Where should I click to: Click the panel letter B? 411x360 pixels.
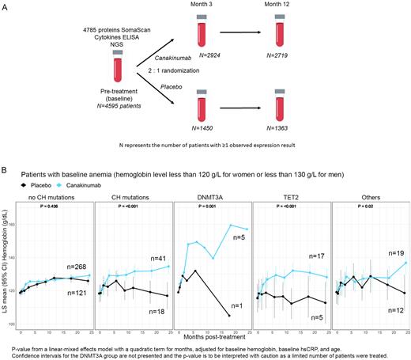[6, 169]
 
